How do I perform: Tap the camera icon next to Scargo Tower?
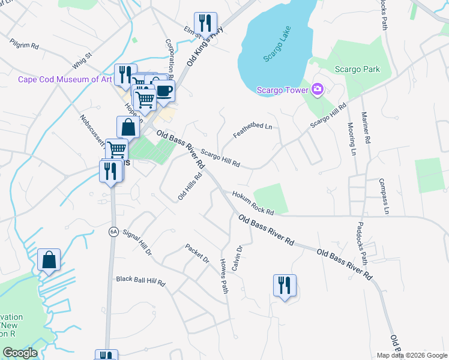coord(318,90)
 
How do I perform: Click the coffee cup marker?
coord(164,91)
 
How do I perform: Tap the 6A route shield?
coord(112,232)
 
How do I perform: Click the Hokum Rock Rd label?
coord(253,202)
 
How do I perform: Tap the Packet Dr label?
coord(197,253)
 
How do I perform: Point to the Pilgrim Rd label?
coord(24,44)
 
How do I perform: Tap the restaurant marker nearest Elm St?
coord(206,23)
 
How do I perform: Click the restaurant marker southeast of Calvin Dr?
coord(285,285)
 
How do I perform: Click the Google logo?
coord(20,353)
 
